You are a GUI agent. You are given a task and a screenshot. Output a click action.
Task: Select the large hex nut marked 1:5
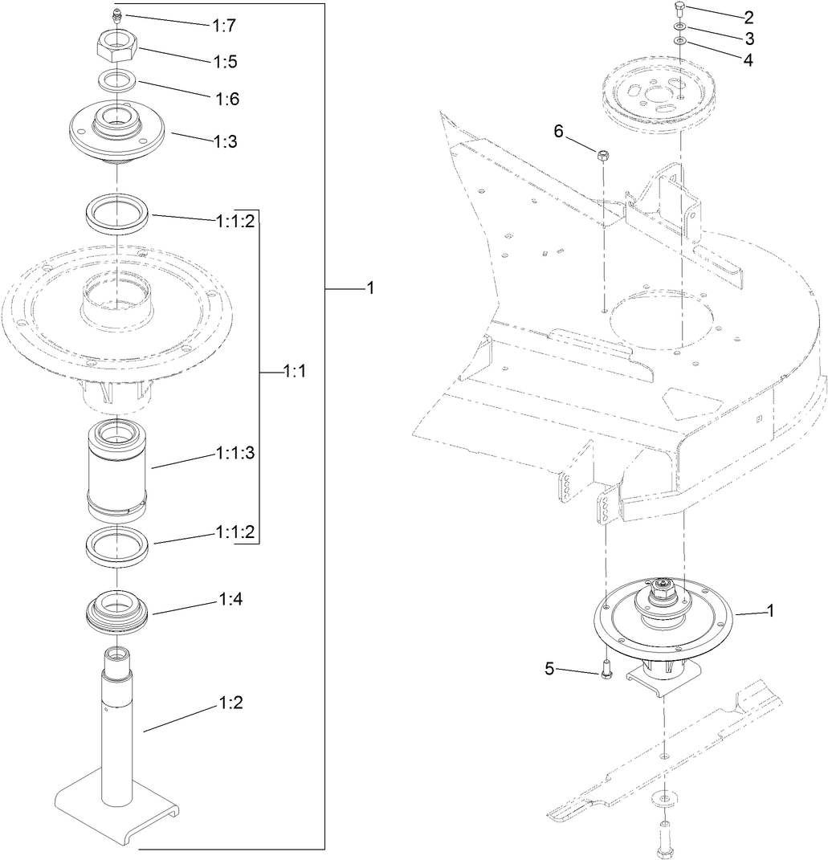tap(117, 49)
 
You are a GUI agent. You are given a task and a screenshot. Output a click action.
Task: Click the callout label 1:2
tap(230, 703)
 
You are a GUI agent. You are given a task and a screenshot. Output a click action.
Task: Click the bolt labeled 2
tap(679, 10)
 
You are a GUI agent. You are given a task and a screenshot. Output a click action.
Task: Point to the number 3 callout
tap(748, 39)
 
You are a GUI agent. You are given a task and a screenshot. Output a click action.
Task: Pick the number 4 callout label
tap(748, 60)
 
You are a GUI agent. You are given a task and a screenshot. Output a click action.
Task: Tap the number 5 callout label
tap(549, 668)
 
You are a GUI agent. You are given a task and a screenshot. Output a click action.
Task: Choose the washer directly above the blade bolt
tap(663, 797)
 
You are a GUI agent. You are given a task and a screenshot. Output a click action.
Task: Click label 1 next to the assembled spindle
tap(771, 611)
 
